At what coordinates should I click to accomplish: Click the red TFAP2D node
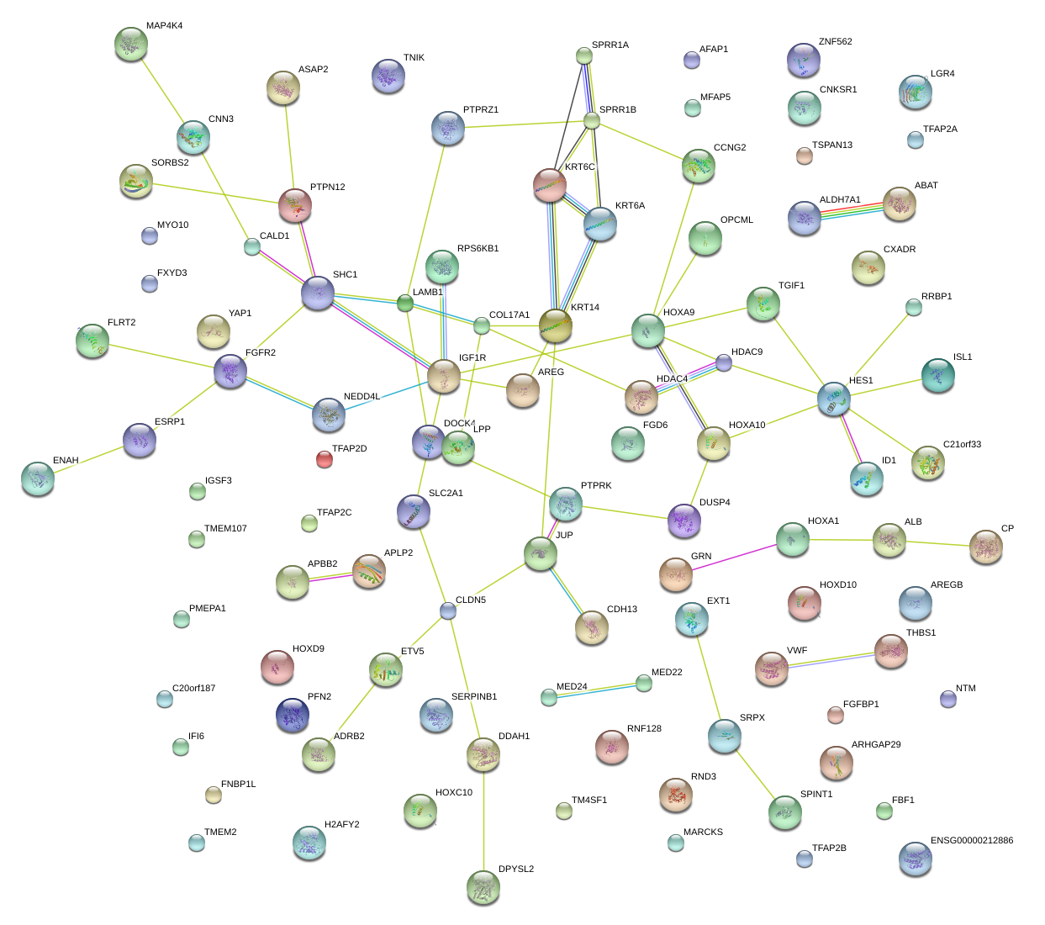[325, 458]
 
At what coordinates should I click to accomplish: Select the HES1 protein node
[834, 399]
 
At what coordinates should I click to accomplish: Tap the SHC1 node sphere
[318, 292]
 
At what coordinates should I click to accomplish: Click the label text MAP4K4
[164, 26]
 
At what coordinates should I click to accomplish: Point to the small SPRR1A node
[584, 56]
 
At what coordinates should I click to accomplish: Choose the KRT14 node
[555, 325]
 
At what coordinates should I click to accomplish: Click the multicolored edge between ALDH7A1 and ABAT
[852, 210]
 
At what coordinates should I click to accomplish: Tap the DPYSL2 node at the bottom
[483, 886]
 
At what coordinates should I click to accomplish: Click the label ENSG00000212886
[972, 841]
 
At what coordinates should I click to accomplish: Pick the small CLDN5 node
[448, 610]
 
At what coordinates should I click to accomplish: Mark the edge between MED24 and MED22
[596, 690]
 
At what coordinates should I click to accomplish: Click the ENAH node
[38, 478]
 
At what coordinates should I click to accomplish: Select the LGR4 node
[915, 92]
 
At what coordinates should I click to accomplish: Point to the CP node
[986, 546]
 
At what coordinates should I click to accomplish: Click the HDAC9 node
[724, 362]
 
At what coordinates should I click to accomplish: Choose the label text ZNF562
[835, 42]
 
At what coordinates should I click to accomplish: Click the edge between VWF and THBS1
[831, 659]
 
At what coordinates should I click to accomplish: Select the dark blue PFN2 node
[293, 715]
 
